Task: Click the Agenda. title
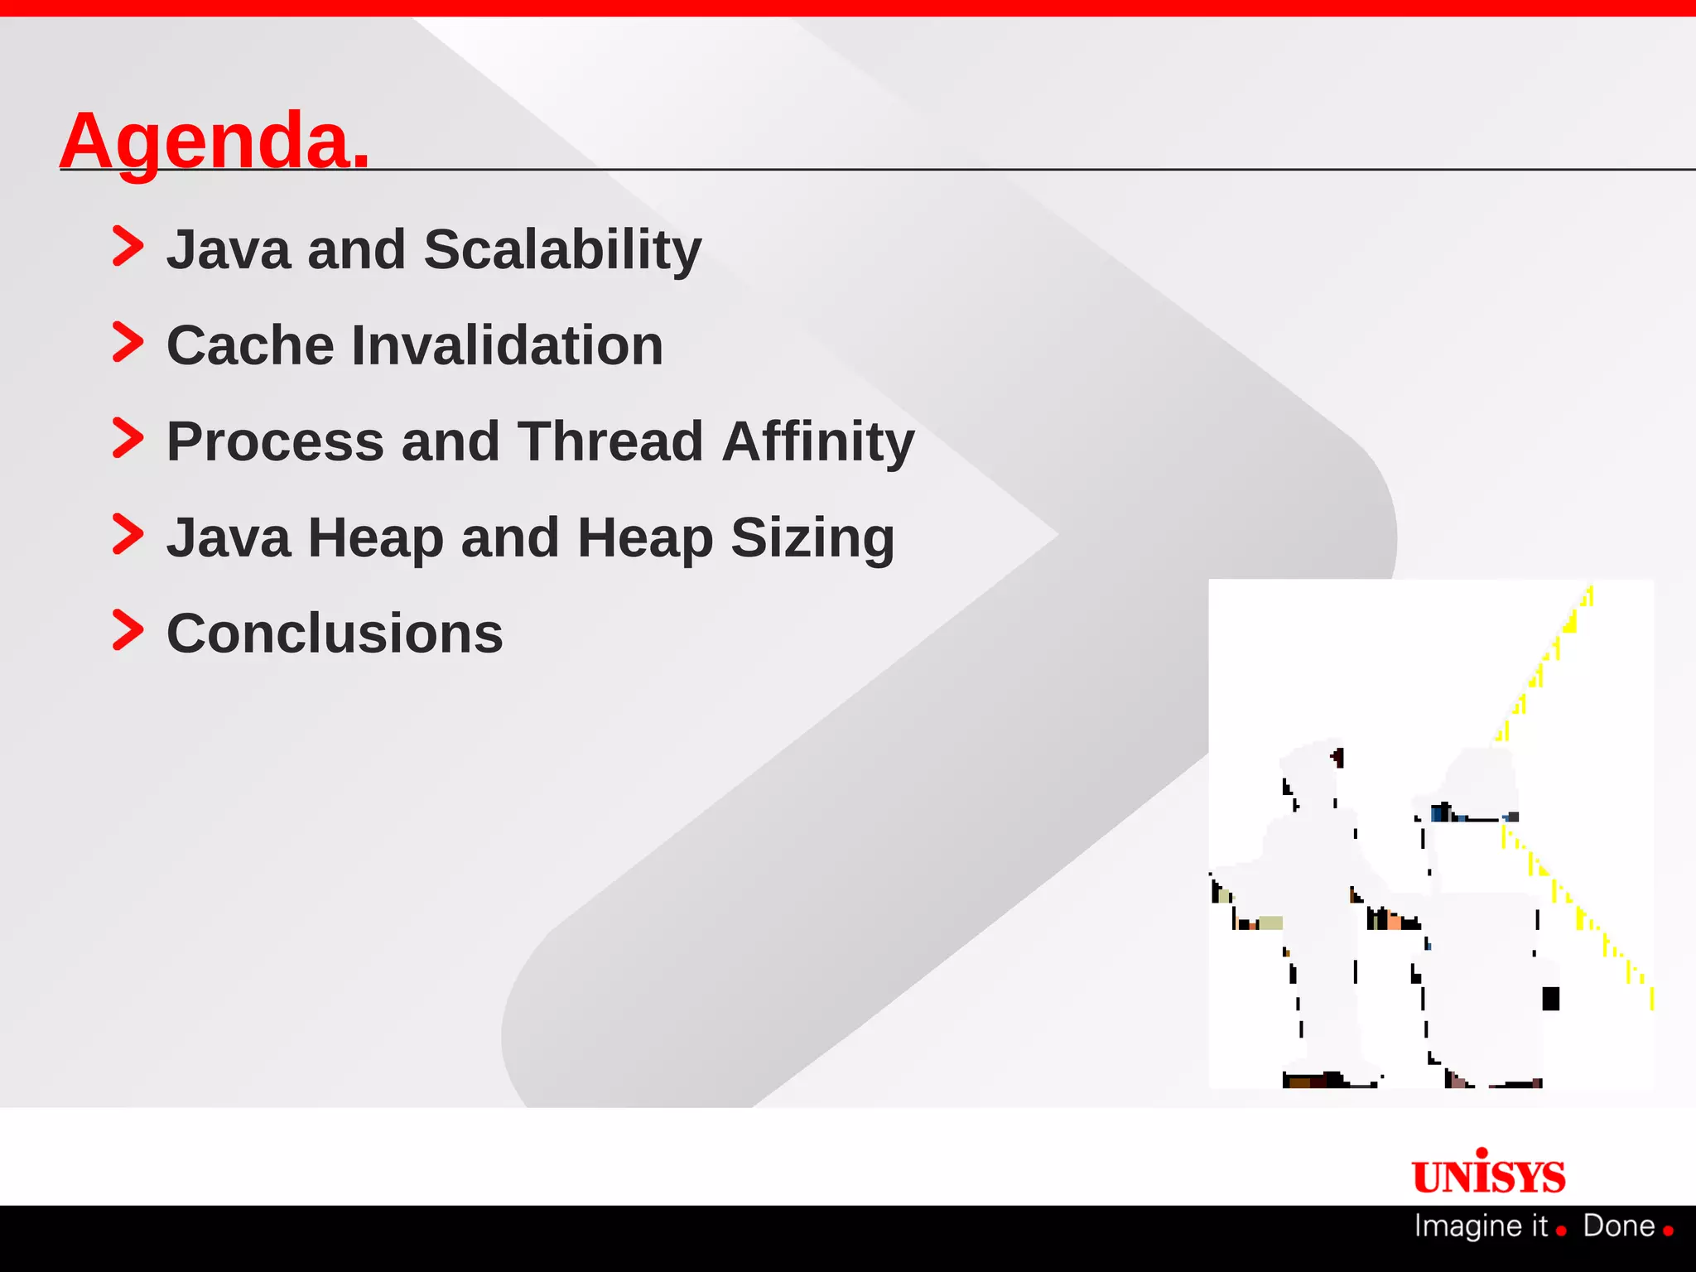coord(214,141)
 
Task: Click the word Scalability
coord(562,249)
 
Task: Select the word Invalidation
coord(507,345)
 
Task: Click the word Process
coord(275,441)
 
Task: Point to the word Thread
coord(610,441)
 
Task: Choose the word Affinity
coord(817,441)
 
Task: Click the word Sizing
coord(812,537)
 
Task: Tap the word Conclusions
coord(335,634)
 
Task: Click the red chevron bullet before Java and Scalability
coord(128,247)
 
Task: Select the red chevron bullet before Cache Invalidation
coord(128,343)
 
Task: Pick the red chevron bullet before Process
coord(128,439)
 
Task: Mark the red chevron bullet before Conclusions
coord(128,631)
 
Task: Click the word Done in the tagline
coord(1618,1226)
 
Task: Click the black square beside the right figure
coord(1550,999)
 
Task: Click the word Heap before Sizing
coord(645,537)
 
